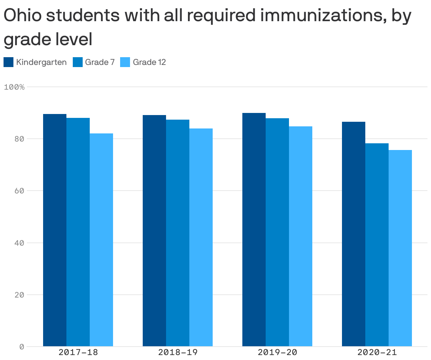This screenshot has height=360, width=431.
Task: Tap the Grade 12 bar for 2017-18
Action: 101,240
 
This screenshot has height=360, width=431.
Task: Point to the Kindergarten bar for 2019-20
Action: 254,229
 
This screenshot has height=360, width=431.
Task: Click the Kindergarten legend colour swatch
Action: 8,62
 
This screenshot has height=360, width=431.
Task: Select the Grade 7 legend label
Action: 100,62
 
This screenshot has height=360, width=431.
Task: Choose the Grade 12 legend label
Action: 149,62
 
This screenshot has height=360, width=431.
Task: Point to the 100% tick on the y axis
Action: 14,87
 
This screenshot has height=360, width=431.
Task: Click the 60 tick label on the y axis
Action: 19,191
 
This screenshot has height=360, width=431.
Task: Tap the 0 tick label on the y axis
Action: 22,347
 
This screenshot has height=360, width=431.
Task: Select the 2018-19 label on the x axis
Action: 178,352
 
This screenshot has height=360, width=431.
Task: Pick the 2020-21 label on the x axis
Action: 377,352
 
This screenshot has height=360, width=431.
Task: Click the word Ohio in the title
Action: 23,16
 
